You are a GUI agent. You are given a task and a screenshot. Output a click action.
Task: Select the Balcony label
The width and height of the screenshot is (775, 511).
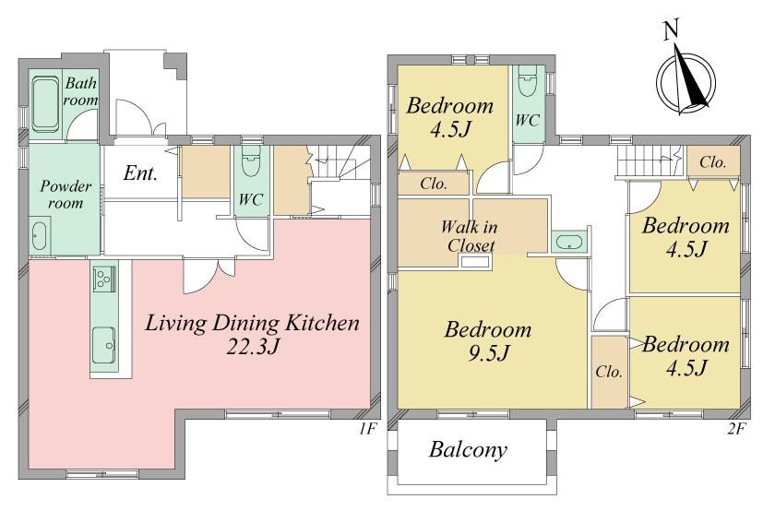click(468, 450)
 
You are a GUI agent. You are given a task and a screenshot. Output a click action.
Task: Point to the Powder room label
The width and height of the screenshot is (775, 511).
click(66, 195)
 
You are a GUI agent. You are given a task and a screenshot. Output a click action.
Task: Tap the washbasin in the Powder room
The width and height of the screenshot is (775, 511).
click(40, 236)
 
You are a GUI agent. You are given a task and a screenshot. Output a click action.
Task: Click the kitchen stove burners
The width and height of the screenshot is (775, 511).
click(104, 278)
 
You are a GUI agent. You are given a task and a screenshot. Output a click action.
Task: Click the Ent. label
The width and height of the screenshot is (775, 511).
click(140, 173)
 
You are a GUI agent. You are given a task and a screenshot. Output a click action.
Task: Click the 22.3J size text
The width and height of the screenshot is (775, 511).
click(253, 347)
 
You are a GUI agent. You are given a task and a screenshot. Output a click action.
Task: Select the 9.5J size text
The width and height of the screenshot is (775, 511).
click(488, 353)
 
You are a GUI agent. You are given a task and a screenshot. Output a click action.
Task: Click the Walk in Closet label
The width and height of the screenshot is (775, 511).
click(469, 236)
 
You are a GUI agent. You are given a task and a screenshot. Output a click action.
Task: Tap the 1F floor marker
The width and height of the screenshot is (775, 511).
click(368, 429)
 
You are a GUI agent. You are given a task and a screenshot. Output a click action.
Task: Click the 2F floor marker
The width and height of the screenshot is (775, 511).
click(736, 429)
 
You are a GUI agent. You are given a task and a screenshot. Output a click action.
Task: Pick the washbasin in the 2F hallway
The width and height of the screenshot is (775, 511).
click(568, 243)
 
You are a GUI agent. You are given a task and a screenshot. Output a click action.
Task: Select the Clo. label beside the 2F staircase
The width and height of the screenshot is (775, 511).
click(712, 161)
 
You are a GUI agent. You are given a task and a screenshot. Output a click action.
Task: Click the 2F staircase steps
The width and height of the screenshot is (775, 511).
click(650, 160)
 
